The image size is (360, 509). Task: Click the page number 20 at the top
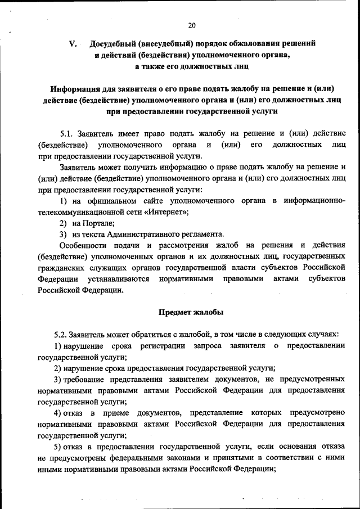click(191, 25)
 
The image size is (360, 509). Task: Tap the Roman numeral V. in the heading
click(72, 43)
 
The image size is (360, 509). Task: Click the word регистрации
click(166, 345)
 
